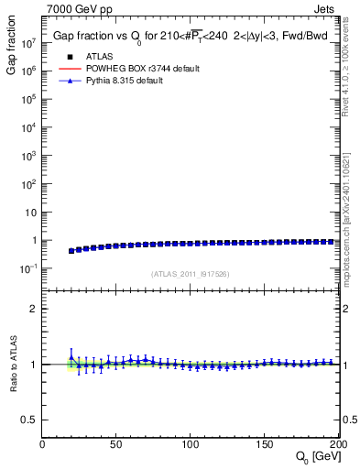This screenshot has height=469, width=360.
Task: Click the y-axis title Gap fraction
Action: click(x=13, y=49)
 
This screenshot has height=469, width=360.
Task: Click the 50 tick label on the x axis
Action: click(x=116, y=444)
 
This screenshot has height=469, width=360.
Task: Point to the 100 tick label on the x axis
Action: click(x=191, y=444)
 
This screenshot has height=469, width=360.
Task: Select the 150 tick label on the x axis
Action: click(x=265, y=444)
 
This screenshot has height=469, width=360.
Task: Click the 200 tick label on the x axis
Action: click(x=337, y=444)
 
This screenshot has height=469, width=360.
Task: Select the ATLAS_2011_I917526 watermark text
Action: click(x=191, y=274)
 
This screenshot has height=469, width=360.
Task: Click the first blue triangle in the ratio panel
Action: click(x=71, y=357)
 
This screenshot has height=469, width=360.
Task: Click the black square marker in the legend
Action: click(x=65, y=57)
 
